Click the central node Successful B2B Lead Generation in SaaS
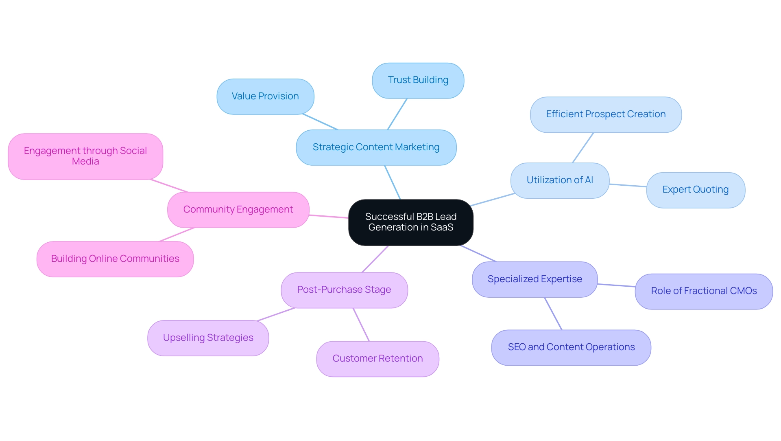(410, 222)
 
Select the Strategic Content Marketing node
(376, 147)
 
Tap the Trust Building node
(418, 80)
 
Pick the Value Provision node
(265, 97)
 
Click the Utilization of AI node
(560, 180)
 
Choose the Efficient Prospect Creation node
(606, 114)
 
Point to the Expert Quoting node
(695, 190)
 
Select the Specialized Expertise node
(534, 279)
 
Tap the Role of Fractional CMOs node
(703, 291)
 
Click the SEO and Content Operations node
(571, 347)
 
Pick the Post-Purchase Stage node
(344, 290)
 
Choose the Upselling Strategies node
(208, 338)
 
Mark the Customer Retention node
(377, 359)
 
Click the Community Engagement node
(238, 210)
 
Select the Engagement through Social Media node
(85, 156)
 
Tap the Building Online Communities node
(115, 259)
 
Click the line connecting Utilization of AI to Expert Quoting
(628, 185)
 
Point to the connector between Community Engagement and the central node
(329, 216)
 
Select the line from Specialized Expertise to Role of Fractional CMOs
(616, 285)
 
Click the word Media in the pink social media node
(85, 162)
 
